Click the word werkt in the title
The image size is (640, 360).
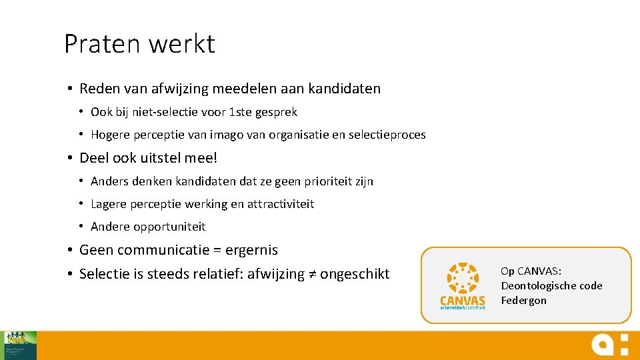tap(182, 44)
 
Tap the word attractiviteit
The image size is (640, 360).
tap(281, 204)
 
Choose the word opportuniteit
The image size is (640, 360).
tap(169, 227)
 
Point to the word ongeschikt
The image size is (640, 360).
tap(355, 274)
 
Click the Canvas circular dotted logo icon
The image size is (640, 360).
tap(463, 279)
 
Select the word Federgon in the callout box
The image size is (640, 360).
tap(523, 301)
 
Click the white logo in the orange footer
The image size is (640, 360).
tap(609, 345)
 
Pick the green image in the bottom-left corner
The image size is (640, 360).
tap(20, 345)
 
